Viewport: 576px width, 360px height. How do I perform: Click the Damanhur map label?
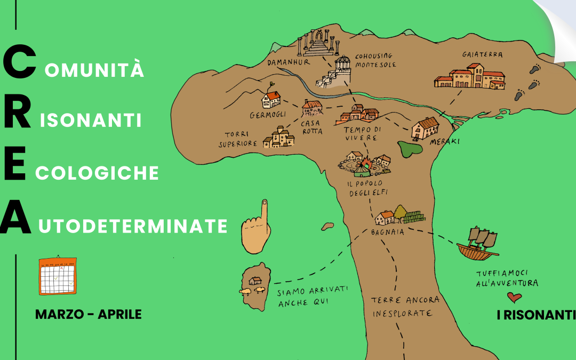(x=282, y=63)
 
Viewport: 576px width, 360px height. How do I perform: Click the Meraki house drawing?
(x=426, y=128)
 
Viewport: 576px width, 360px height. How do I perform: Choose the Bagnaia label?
(x=387, y=232)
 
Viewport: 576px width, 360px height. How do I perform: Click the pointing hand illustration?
(x=256, y=228)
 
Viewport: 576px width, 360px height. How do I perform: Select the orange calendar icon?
(x=58, y=276)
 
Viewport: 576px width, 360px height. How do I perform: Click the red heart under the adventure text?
(x=514, y=297)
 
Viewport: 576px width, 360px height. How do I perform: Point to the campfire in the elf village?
(x=366, y=164)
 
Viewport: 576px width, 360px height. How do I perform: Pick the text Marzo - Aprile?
(x=89, y=314)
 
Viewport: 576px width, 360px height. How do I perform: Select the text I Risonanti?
(x=535, y=315)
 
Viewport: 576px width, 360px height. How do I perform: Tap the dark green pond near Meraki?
(x=411, y=148)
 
